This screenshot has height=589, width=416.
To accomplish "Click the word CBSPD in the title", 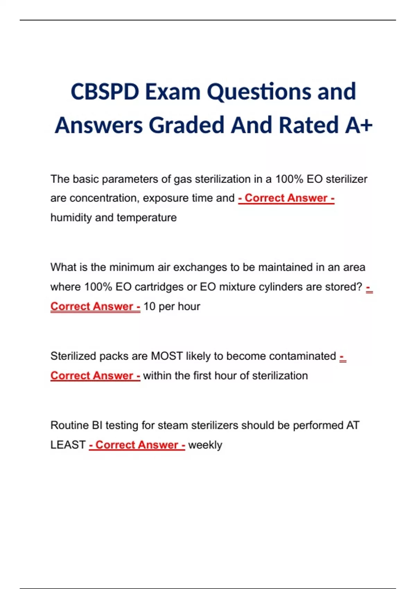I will pyautogui.click(x=105, y=92).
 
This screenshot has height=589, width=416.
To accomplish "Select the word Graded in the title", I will pyautogui.click(x=187, y=125).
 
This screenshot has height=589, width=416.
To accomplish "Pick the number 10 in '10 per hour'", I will pyautogui.click(x=149, y=307).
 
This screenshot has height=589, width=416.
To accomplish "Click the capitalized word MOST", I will pyautogui.click(x=167, y=356).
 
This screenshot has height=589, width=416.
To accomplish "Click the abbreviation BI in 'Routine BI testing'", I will pyautogui.click(x=97, y=425).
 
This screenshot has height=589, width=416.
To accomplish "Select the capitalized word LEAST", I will pyautogui.click(x=68, y=445).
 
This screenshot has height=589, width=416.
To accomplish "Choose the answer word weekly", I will pyautogui.click(x=205, y=445).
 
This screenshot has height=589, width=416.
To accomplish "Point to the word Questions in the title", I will pyautogui.click(x=259, y=92).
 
